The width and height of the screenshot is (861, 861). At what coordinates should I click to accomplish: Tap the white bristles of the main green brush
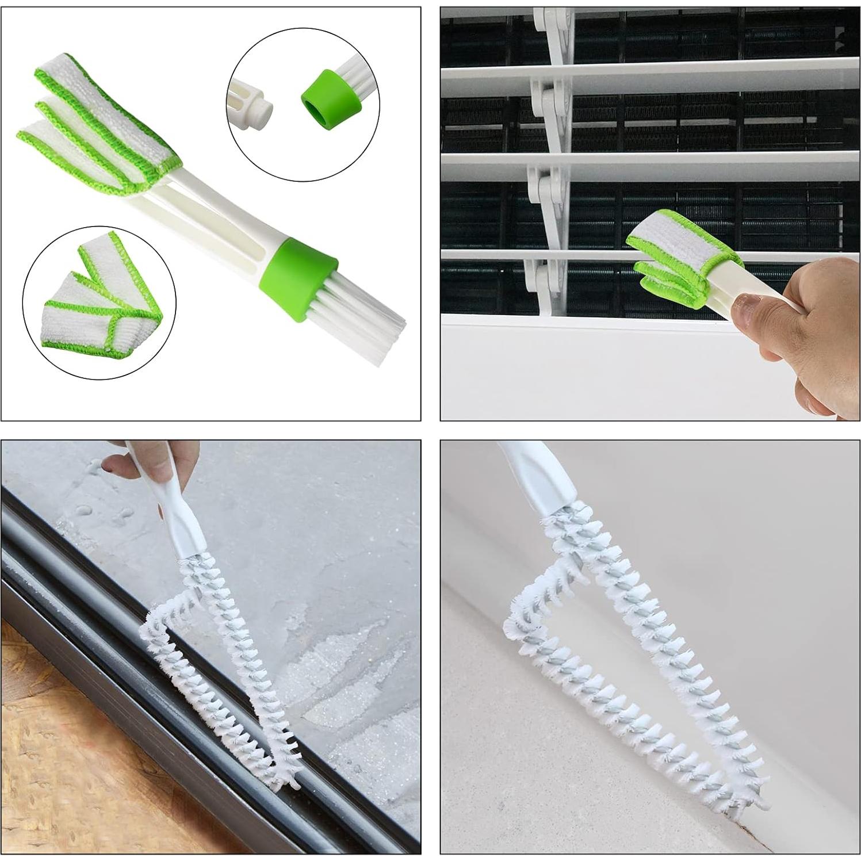[x=357, y=313]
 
